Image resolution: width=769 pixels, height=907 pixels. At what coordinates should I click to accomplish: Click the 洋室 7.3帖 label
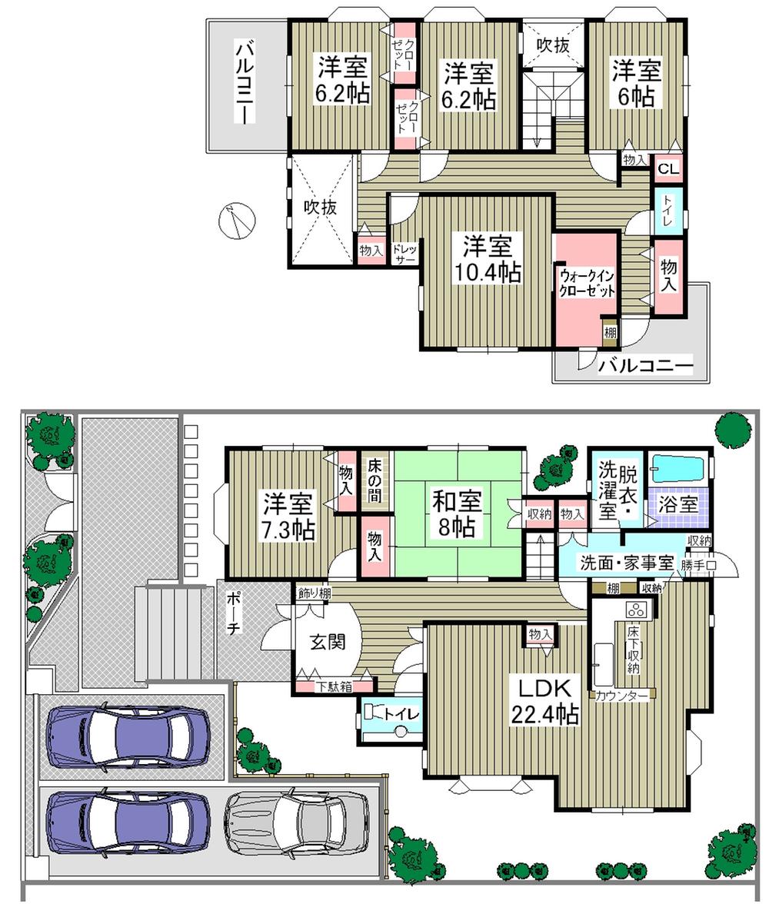288,517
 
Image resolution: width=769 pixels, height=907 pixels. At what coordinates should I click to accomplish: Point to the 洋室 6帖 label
636,84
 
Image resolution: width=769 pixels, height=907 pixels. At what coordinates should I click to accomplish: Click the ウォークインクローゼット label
587,282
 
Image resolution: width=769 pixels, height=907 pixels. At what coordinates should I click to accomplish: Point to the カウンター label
621,696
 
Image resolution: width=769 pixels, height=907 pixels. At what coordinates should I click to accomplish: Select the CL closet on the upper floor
667,168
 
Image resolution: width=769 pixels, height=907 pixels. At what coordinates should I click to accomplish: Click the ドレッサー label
404,254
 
